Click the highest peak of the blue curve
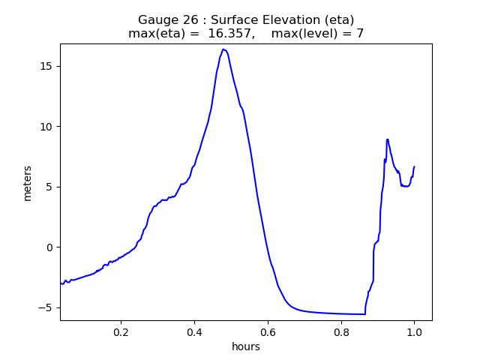[223, 49]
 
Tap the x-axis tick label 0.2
[121, 331]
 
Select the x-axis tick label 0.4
[194, 331]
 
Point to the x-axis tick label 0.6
[268, 331]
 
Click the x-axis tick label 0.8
[340, 331]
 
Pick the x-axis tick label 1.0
[414, 331]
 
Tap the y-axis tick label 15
[46, 66]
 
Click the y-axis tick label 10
[46, 126]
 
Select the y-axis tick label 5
[49, 187]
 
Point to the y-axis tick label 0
[49, 247]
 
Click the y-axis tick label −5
[46, 307]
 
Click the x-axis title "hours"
[246, 346]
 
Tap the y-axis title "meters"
[28, 183]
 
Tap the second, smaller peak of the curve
[387, 139]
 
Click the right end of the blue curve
[414, 166]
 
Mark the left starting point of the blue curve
[61, 283]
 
